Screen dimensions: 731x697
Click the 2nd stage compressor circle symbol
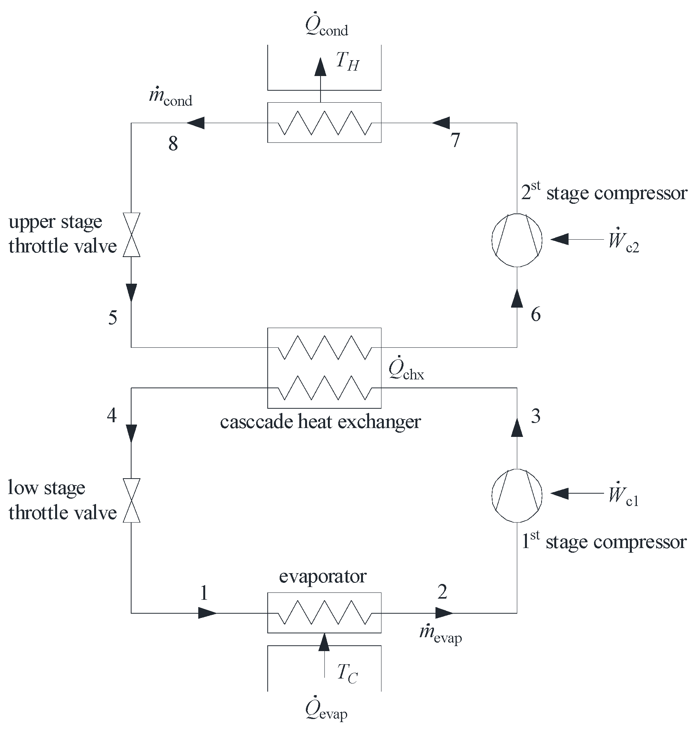click(516, 240)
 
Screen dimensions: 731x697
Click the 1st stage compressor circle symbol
click(516, 496)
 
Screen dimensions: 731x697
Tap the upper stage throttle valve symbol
click(131, 235)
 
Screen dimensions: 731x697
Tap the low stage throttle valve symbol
click(131, 500)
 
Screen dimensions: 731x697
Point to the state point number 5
click(113, 318)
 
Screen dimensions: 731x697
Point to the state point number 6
click(536, 315)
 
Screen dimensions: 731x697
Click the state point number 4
click(112, 416)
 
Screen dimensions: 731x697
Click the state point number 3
click(536, 416)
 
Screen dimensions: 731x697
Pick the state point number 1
click(204, 593)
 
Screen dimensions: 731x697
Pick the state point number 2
click(442, 591)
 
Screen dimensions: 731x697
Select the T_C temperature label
click(347, 674)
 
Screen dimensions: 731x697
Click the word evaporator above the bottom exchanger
click(322, 576)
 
